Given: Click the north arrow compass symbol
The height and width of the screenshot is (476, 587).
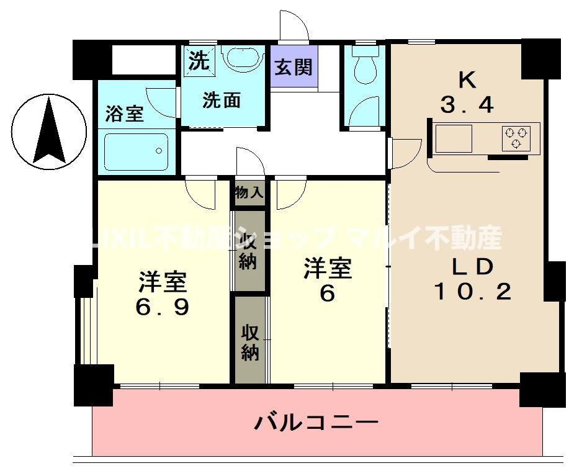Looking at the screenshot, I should [x=49, y=130].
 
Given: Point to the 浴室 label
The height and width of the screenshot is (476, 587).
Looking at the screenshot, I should [x=124, y=114].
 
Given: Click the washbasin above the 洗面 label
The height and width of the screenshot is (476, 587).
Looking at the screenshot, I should [x=243, y=58].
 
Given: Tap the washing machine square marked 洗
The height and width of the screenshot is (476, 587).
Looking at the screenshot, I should [x=198, y=60].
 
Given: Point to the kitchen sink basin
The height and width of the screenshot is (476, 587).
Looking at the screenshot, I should [x=453, y=138].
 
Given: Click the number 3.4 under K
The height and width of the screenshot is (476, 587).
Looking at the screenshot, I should [x=467, y=106].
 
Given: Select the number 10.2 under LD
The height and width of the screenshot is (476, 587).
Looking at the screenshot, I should [x=472, y=290].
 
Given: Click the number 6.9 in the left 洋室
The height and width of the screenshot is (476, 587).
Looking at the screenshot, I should [x=163, y=307].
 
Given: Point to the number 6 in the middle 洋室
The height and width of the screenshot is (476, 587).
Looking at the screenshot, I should [x=327, y=294].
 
